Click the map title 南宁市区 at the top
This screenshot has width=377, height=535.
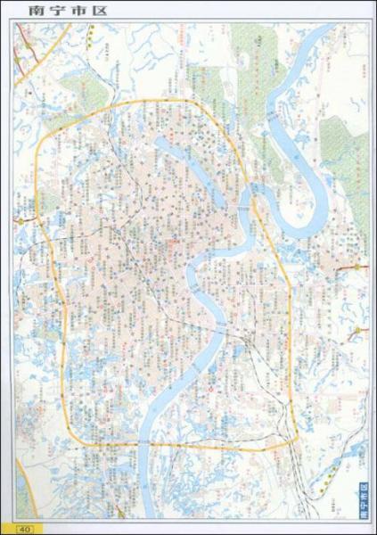42,11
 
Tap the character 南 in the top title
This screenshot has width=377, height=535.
21,11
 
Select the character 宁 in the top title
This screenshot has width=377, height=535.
36,11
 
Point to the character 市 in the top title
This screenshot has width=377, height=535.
50,11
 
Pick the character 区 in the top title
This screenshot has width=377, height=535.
63,11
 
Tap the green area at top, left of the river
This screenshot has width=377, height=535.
250,53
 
